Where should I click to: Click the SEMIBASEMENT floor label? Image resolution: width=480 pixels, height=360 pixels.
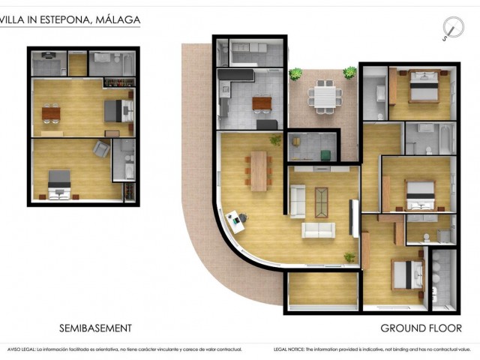(x=95, y=328)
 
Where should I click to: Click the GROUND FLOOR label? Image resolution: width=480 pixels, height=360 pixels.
(x=421, y=328)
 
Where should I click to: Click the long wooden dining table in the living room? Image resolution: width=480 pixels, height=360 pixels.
(x=259, y=170)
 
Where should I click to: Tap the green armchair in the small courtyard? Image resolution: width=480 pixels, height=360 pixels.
(x=325, y=155)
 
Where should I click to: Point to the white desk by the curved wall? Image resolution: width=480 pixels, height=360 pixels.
(x=238, y=218)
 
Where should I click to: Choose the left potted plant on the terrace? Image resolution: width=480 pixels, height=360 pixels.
(x=295, y=73)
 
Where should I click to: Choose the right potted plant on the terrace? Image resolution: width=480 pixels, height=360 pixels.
(x=350, y=72)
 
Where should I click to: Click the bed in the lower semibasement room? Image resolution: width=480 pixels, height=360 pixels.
(x=58, y=183)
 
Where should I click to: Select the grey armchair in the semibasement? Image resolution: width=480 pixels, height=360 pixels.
(x=100, y=149)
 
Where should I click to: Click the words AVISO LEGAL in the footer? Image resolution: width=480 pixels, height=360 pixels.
(x=21, y=349)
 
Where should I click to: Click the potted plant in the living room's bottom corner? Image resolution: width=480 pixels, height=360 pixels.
(x=349, y=257)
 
